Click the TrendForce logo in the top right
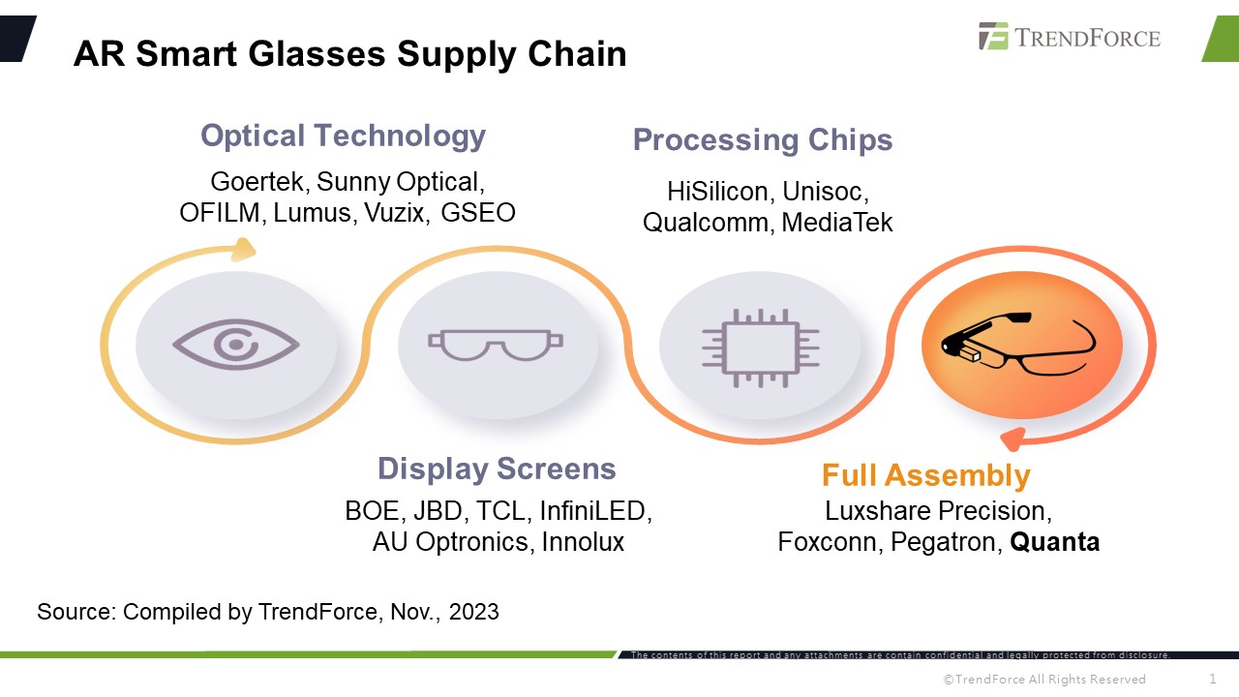(x=1069, y=38)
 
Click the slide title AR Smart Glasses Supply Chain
(x=349, y=54)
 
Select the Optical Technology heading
(x=343, y=136)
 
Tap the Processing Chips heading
(x=763, y=139)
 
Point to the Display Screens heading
(x=497, y=469)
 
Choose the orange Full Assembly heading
(x=925, y=475)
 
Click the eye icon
(x=236, y=344)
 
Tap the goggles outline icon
(x=496, y=344)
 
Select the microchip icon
(x=761, y=347)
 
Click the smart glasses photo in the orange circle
(x=1020, y=345)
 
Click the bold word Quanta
(x=1055, y=542)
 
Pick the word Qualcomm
(x=706, y=223)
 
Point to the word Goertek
(x=257, y=182)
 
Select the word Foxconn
(x=826, y=542)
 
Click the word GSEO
(x=478, y=213)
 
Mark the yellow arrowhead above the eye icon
(x=244, y=251)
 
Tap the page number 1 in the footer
(x=1213, y=679)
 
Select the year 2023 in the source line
(x=473, y=612)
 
